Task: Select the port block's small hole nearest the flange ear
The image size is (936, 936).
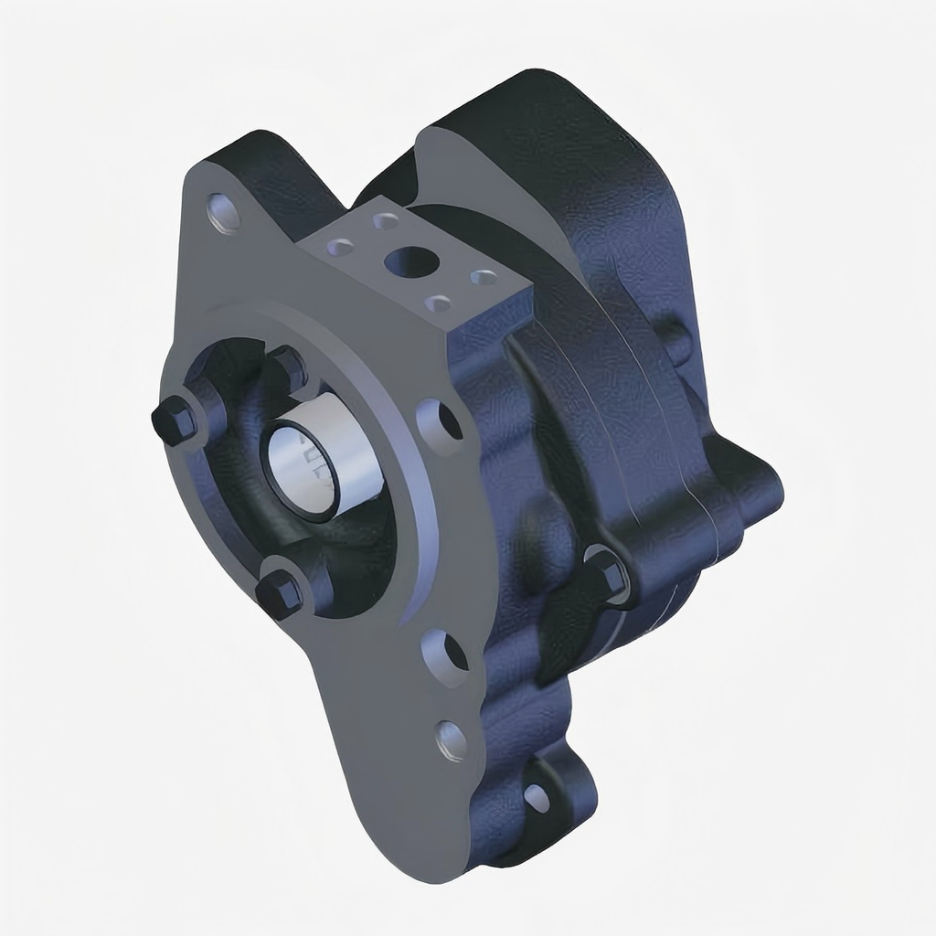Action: pos(340,247)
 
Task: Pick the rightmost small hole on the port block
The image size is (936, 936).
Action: pos(484,276)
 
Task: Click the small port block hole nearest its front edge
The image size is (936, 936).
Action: pos(439,303)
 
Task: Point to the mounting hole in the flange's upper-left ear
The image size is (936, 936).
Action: pos(224,212)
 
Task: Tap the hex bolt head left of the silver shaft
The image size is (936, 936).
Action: pos(173,421)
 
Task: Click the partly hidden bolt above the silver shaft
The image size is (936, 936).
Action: pos(289,363)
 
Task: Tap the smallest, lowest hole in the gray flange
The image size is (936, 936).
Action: pos(451,739)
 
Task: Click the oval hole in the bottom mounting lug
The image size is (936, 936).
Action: pos(537,797)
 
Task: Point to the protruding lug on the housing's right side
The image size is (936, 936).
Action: pos(754,494)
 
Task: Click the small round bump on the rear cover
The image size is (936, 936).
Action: pos(676,338)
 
